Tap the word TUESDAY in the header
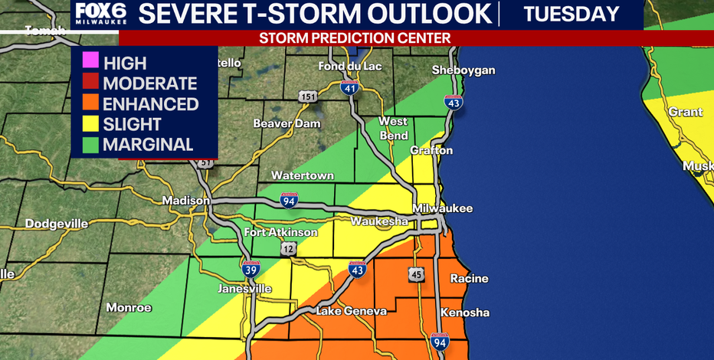coord(572,14)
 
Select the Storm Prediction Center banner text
coord(354,38)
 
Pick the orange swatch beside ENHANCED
coord(89,104)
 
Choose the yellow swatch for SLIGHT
coord(89,124)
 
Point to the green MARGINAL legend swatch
coord(89,144)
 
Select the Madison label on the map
coord(185,201)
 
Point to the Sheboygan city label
coord(463,70)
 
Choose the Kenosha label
coord(465,313)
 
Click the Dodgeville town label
coord(57,224)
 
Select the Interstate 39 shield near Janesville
coord(251,269)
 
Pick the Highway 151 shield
coord(307,96)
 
